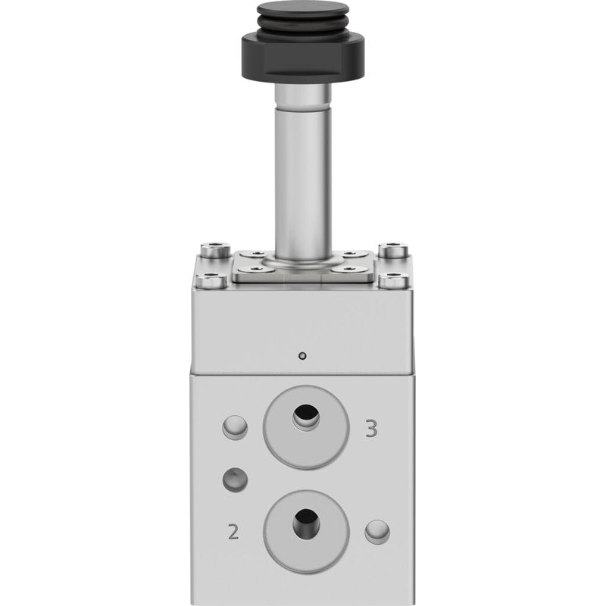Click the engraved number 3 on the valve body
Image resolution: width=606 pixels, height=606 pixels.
[x=371, y=429]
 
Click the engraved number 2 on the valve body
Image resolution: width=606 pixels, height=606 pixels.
[x=233, y=532]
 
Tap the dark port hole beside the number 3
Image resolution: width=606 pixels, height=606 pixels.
[x=306, y=416]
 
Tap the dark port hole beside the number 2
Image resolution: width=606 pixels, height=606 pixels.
[x=306, y=523]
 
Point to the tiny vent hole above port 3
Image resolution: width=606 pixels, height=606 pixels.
[x=303, y=355]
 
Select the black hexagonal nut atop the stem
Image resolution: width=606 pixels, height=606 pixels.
[x=303, y=58]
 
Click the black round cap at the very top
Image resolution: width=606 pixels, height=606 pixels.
[x=303, y=11]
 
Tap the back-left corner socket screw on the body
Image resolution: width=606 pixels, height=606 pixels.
[x=215, y=250]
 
